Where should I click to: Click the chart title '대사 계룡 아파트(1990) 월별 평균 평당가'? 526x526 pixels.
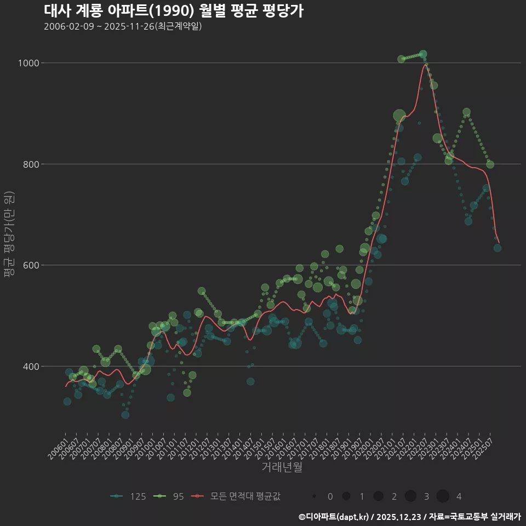click(173, 11)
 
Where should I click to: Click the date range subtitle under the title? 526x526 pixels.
click(123, 26)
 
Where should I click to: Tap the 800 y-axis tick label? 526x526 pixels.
click(31, 164)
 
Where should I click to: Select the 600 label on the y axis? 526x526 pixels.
click(31, 265)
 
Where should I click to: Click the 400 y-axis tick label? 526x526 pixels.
click(31, 366)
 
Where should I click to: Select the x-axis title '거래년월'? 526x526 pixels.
click(282, 467)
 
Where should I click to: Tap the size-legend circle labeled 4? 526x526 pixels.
click(443, 496)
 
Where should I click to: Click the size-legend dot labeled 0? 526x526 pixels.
click(314, 496)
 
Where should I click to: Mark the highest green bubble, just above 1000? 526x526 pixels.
click(423, 54)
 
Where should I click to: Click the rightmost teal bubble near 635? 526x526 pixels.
click(497, 248)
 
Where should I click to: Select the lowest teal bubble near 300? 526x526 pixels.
click(125, 415)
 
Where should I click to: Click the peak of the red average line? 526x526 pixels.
click(424, 65)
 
